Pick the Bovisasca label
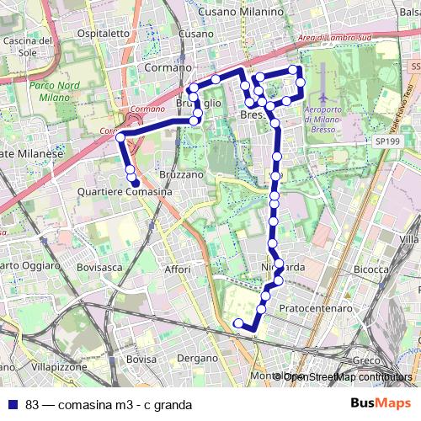[98, 267]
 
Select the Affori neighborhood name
[178, 269]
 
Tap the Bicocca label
[370, 269]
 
